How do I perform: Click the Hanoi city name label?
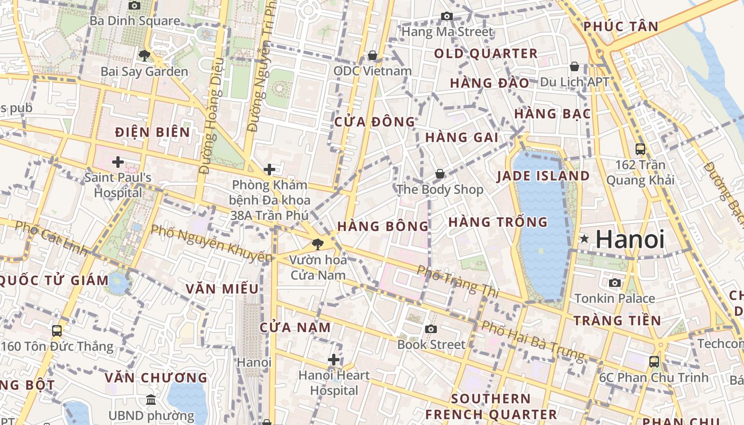point(630,240)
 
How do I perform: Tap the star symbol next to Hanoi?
point(585,239)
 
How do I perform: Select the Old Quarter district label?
point(486,54)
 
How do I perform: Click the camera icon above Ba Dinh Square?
point(134,5)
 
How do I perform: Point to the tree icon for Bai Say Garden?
point(144,55)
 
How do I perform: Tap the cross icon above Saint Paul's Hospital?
point(118,161)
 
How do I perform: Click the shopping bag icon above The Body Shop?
point(440,174)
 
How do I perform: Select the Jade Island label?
point(543,176)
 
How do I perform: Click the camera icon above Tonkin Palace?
point(615,283)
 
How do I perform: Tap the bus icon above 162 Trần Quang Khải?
point(640,149)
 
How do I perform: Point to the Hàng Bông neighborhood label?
point(383,226)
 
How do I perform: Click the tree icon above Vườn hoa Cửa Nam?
point(318,244)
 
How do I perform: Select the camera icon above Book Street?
point(431,329)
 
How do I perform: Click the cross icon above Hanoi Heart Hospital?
point(334,360)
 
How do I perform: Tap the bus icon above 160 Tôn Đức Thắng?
point(57,331)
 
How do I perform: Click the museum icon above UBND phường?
point(151,399)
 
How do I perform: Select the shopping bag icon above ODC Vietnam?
point(373,55)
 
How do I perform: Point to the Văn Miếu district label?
point(222,289)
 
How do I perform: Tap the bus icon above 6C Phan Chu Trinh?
point(654,362)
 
